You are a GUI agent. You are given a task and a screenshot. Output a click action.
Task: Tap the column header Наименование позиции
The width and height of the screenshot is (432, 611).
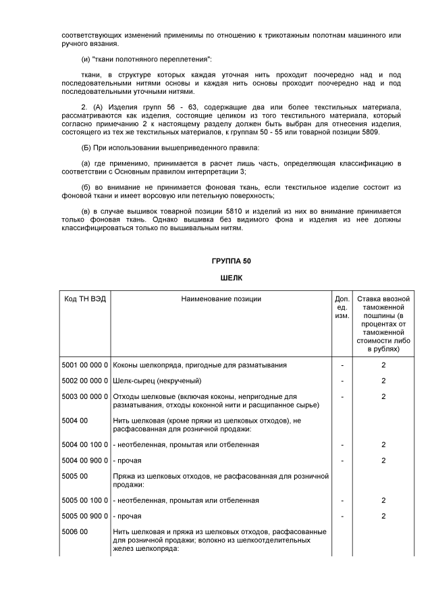[221, 298]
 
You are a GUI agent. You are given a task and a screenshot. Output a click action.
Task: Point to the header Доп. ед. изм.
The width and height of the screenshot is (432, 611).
[342, 307]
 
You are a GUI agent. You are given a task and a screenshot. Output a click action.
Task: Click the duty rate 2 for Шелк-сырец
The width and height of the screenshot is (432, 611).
[383, 381]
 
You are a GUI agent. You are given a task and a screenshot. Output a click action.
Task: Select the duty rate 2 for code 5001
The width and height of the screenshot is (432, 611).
[383, 365]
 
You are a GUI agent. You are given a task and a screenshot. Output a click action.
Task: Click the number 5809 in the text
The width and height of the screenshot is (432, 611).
[369, 132]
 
